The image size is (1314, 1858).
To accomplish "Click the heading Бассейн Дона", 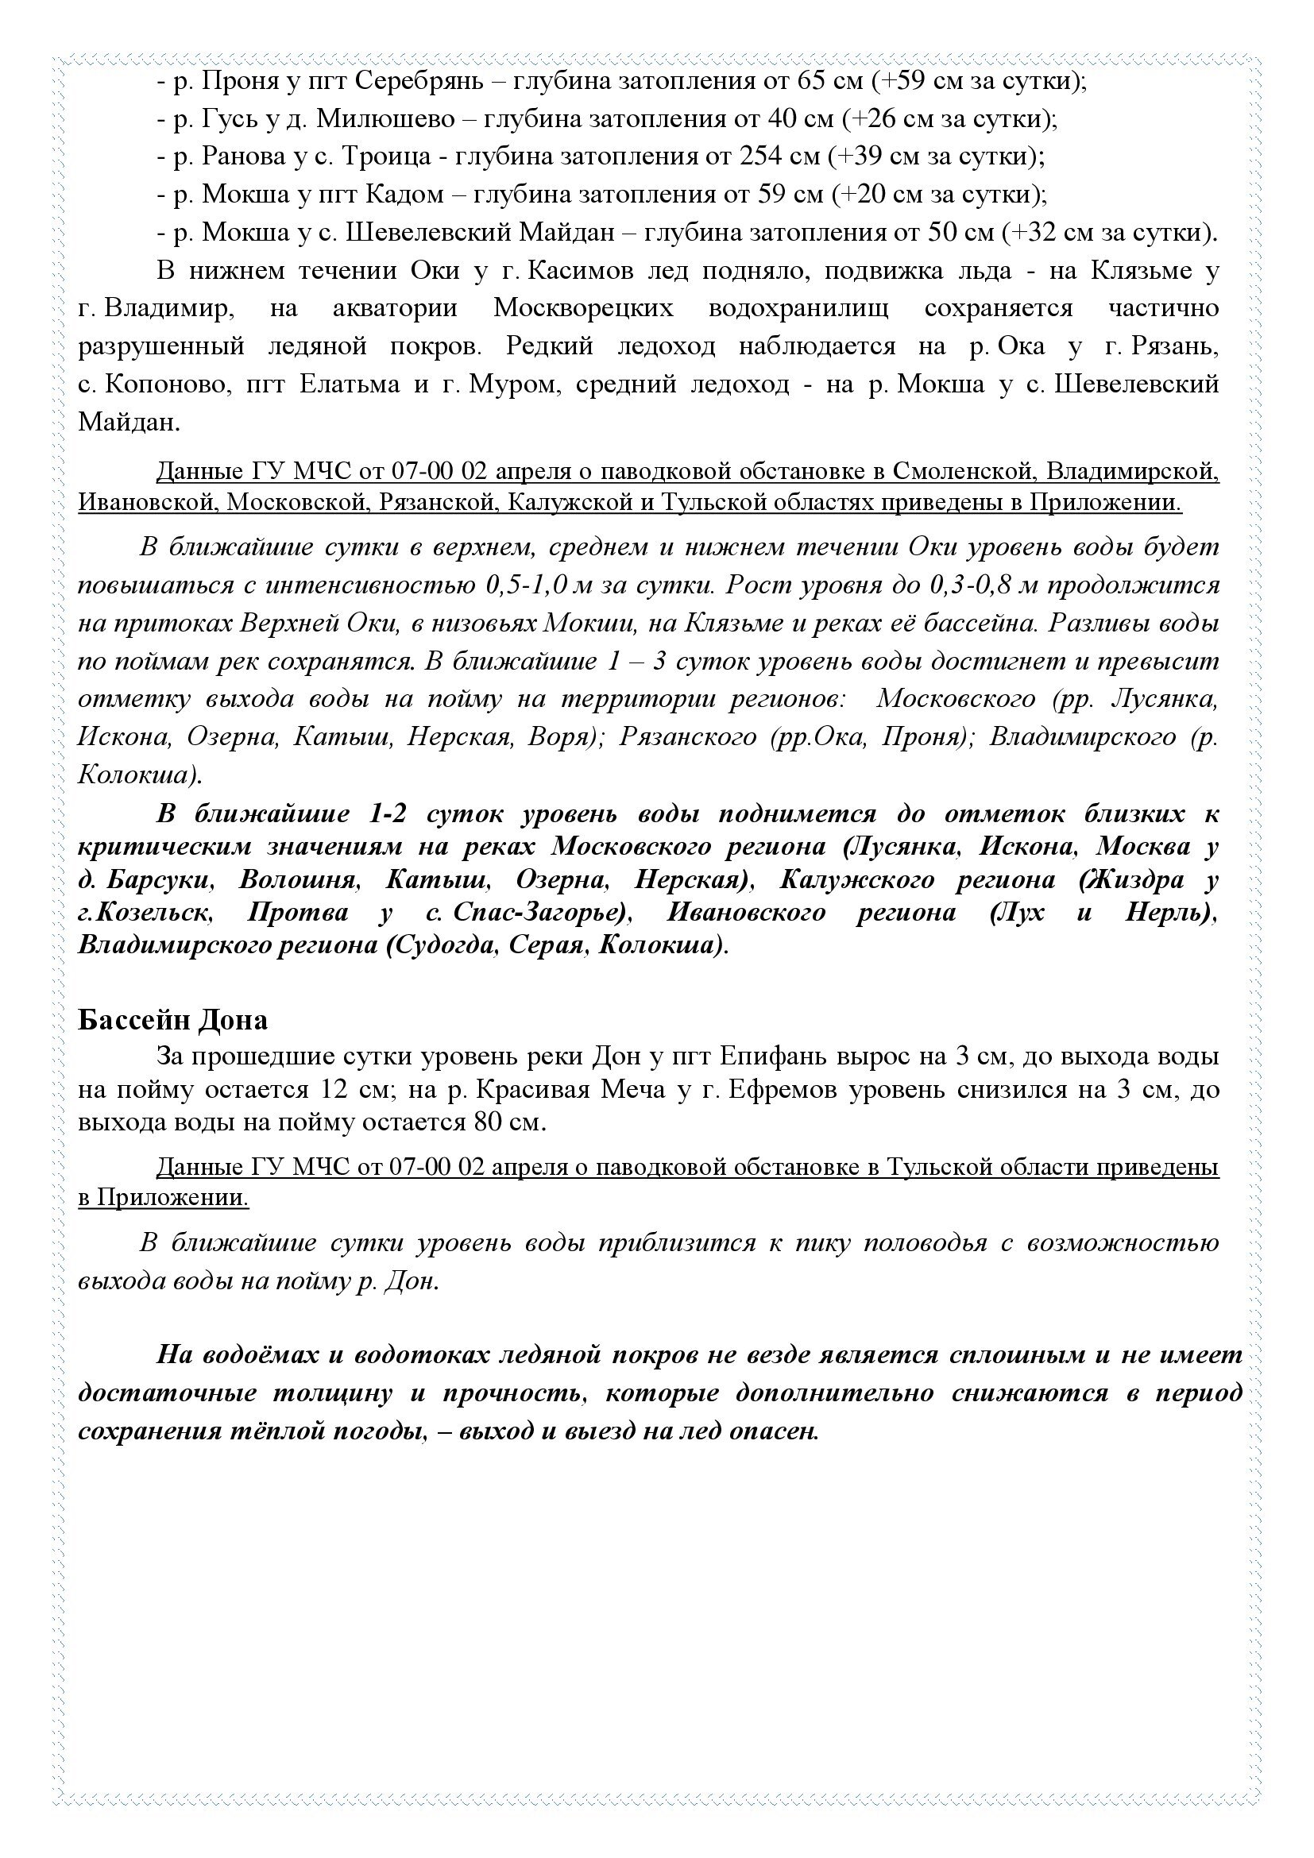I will coord(172,1020).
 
